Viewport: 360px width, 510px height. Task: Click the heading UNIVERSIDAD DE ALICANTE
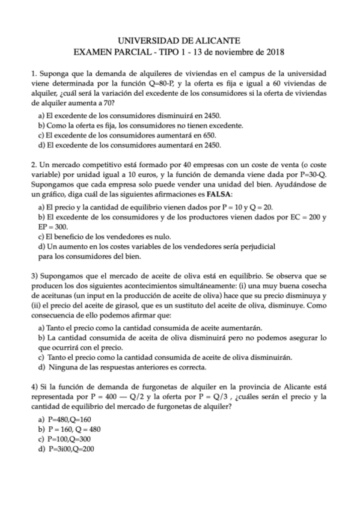click(180, 40)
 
